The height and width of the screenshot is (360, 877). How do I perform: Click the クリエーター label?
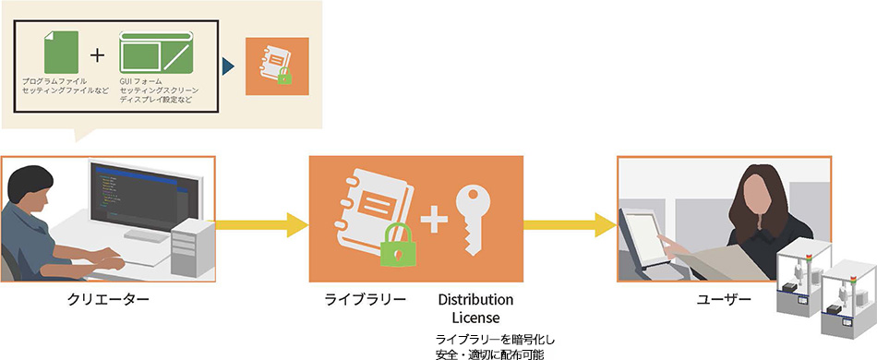point(108,300)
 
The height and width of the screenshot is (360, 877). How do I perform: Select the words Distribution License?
point(475,308)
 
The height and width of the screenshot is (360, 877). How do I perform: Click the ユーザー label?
point(723,300)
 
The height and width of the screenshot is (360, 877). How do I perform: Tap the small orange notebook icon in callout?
point(277,66)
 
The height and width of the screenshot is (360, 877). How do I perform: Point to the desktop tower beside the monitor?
point(195,244)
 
